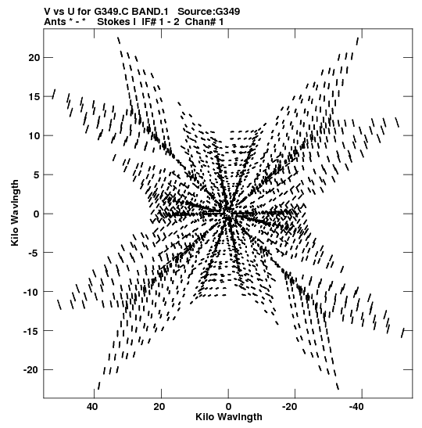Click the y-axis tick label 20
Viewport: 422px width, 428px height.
[x=34, y=58]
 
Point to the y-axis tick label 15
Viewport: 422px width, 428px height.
[x=34, y=96]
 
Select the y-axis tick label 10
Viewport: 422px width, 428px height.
[x=34, y=135]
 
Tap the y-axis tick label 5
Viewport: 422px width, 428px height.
[x=37, y=174]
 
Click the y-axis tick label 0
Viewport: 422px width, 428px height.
[x=37, y=214]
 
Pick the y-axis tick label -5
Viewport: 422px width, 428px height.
[x=34, y=253]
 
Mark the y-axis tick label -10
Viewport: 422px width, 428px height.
[x=31, y=292]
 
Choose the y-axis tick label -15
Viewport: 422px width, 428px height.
[x=31, y=331]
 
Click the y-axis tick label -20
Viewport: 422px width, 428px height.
[x=31, y=370]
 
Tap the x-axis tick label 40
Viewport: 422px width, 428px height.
[x=92, y=407]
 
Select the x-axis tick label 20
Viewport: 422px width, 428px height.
[x=159, y=407]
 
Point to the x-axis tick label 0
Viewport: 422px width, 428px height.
[x=228, y=407]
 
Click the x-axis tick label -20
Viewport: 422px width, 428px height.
[x=289, y=407]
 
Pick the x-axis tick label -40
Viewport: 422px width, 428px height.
[x=356, y=407]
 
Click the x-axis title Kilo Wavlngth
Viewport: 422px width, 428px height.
[x=229, y=417]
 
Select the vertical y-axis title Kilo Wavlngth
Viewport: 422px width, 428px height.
[x=15, y=213]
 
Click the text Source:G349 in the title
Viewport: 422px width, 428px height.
[x=209, y=12]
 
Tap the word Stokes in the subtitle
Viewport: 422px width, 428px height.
[x=113, y=22]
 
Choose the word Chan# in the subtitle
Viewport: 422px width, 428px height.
[x=200, y=22]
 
